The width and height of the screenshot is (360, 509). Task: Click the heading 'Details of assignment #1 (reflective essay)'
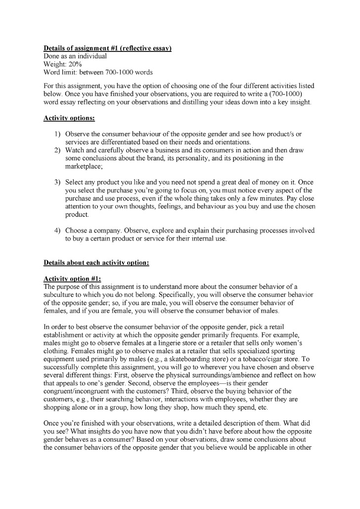[107, 48]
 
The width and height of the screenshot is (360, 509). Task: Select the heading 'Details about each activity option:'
[96, 262]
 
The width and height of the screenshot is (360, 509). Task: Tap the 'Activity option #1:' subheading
[72, 278]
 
